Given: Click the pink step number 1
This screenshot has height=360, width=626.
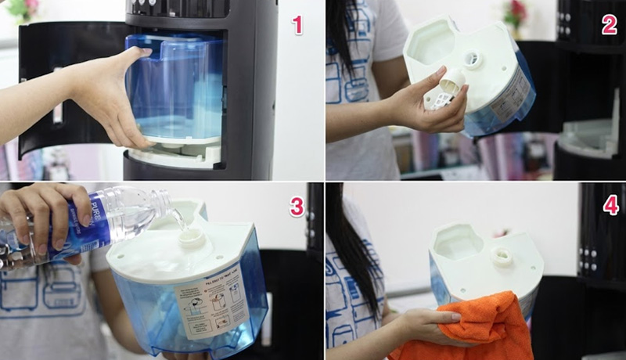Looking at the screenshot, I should coord(297,25).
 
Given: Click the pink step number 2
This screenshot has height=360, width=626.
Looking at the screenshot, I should coord(609,25).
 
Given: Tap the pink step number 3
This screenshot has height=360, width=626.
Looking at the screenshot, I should coord(297,207).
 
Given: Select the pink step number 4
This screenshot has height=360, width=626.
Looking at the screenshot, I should coord(610,206).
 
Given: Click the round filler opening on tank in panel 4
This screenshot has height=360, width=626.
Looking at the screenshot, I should coord(502,256).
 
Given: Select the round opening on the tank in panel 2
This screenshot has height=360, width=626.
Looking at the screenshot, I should coord(473,59).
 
